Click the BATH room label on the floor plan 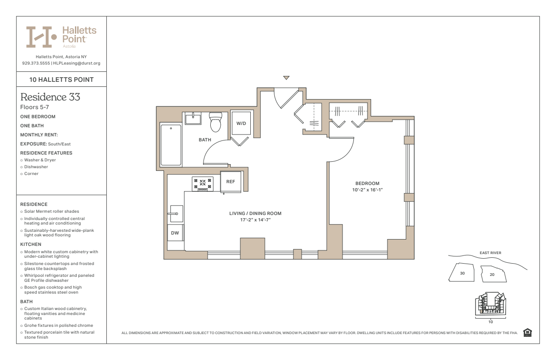[205, 140]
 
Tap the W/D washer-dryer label [241, 124]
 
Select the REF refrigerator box [231, 182]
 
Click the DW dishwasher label [175, 233]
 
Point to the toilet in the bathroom [215, 122]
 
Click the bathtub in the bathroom [171, 145]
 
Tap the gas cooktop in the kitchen [203, 184]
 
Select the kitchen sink [177, 214]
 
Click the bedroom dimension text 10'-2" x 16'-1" [367, 190]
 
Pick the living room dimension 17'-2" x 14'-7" [255, 220]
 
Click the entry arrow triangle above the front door [286, 78]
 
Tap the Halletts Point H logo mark [41, 37]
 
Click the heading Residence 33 [50, 97]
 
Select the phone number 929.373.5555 [36, 63]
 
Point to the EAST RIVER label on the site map [491, 253]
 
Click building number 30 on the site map [462, 273]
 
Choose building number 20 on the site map [492, 275]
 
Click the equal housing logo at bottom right [527, 333]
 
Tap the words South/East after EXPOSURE [60, 144]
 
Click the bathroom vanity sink [193, 118]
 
